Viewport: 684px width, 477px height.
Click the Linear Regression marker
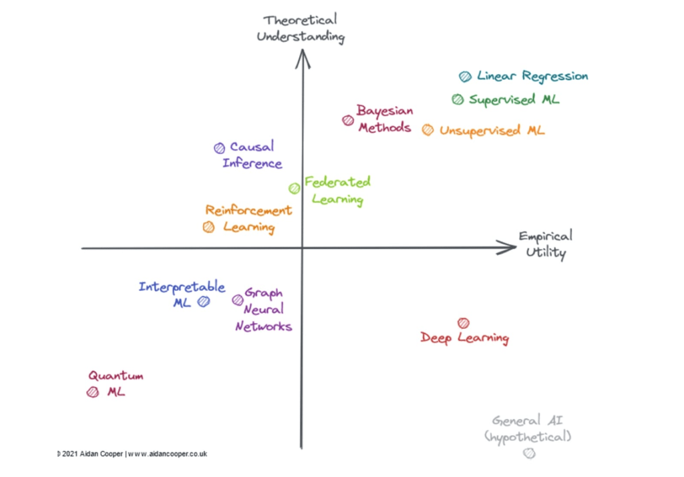[x=465, y=77]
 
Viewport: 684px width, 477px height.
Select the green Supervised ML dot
[x=458, y=99]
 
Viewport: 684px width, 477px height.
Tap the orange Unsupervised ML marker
[x=427, y=130]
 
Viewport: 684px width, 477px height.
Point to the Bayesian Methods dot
[x=347, y=121]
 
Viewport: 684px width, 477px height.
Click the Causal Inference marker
[x=219, y=148]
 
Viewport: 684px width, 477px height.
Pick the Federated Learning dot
[x=295, y=188]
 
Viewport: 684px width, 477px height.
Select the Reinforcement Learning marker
[x=209, y=227]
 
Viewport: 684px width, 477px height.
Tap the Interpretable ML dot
[x=204, y=301]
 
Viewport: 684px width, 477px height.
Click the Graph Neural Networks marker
[x=238, y=300]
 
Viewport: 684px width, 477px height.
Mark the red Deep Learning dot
[x=464, y=324]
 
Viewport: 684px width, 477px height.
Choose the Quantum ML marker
[x=93, y=392]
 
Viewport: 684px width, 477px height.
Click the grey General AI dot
[x=530, y=454]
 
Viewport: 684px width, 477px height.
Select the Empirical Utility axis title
[x=546, y=244]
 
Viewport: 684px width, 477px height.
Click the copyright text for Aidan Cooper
[x=134, y=454]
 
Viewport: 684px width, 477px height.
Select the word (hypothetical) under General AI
[x=528, y=437]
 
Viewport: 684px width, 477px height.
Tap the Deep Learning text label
[x=465, y=338]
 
